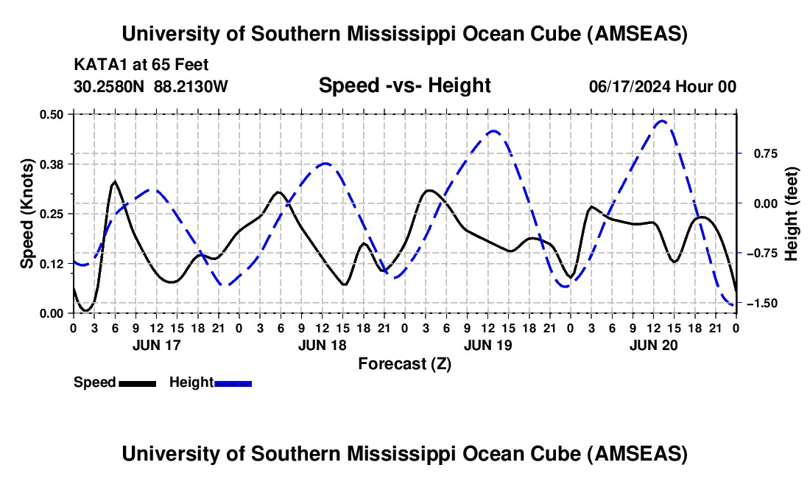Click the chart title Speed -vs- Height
coord(404,85)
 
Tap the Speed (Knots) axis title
coord(27,214)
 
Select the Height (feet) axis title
coord(791,214)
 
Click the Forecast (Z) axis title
coord(404,363)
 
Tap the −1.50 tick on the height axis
coord(761,304)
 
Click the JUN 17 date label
coord(155,344)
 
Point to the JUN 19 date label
coord(487,344)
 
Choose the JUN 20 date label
coord(653,344)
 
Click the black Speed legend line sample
coord(136,382)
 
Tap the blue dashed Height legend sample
coord(233,382)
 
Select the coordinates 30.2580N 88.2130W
coord(151,86)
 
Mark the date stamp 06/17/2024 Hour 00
coord(663,86)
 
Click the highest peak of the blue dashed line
coord(662,121)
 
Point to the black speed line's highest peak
coord(115,181)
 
